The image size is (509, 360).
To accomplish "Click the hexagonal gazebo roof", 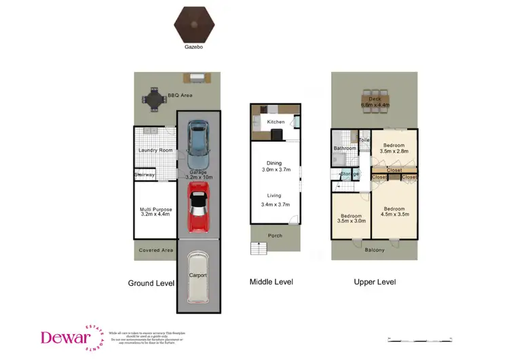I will [x=194, y=25].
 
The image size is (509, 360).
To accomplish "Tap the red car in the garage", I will [x=197, y=211].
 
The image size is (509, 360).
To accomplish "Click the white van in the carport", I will [x=197, y=277].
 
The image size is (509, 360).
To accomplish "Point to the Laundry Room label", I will [x=153, y=150].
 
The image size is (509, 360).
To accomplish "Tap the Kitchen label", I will [x=276, y=122].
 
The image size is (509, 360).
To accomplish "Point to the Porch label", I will [x=275, y=236].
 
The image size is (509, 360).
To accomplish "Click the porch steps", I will [x=259, y=249].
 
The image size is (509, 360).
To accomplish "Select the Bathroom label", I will [x=345, y=148].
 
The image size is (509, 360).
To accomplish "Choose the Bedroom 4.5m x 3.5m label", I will [x=394, y=211].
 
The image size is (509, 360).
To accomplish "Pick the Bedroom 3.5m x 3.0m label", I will [x=352, y=219].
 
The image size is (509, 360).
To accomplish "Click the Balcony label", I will [x=374, y=250].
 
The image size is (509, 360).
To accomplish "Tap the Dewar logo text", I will [x=64, y=337].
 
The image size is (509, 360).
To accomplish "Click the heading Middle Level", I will [x=271, y=281].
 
